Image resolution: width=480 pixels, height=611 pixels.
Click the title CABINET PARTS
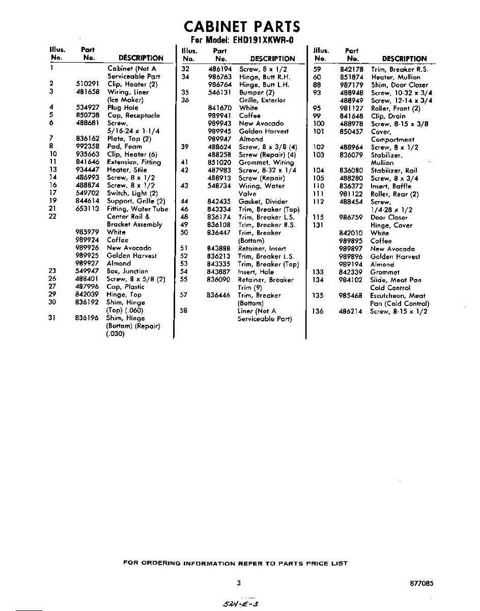[242, 26]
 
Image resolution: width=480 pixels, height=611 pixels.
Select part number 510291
[87, 84]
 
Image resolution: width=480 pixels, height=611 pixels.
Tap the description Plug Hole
[122, 107]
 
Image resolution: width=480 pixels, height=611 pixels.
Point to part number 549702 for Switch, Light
[87, 193]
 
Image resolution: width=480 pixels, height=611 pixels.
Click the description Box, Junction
[127, 271]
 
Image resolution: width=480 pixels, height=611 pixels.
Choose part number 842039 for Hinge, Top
[87, 294]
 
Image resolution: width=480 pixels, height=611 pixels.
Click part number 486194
[220, 69]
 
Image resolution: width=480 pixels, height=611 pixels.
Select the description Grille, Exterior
[262, 100]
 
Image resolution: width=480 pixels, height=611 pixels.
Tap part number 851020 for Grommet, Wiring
[220, 162]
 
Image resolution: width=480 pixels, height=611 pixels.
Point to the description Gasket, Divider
[263, 202]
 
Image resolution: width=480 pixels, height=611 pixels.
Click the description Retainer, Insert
[264, 248]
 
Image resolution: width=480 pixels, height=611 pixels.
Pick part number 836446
[220, 295]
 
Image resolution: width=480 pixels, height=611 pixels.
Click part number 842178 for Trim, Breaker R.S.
[351, 69]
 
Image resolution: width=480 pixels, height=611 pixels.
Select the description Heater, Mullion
[396, 77]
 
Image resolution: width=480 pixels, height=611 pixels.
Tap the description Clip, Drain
[388, 116]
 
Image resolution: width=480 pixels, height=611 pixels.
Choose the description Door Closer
[389, 217]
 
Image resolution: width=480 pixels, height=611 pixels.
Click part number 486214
[351, 311]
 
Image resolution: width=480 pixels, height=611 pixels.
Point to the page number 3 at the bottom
[238, 583]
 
